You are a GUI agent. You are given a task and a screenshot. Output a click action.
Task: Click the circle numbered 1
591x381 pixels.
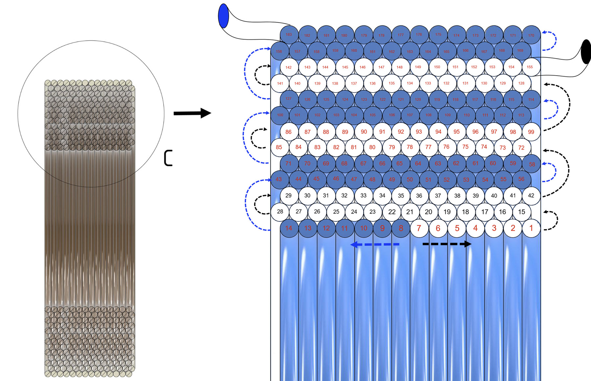[x=531, y=228]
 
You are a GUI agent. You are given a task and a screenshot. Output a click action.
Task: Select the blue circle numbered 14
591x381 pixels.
[x=289, y=228]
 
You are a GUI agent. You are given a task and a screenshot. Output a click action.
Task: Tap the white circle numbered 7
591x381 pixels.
[x=419, y=228]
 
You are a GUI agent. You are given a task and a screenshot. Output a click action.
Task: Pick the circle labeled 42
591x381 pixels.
[x=531, y=195]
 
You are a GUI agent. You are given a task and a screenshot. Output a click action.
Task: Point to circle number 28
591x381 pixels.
[x=280, y=212]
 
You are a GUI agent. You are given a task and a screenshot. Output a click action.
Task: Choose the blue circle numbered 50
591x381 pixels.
[x=410, y=179]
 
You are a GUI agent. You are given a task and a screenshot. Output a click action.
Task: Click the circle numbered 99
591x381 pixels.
[x=531, y=132]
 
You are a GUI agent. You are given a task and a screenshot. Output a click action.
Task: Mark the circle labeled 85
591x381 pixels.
[x=279, y=147]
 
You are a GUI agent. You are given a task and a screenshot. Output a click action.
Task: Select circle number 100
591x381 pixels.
[x=280, y=115]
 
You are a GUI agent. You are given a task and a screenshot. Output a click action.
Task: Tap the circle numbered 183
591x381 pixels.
[x=289, y=34]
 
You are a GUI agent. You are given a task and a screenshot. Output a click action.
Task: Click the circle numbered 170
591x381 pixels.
[x=531, y=35]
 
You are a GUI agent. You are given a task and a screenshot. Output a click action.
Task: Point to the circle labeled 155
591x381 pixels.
[x=530, y=67]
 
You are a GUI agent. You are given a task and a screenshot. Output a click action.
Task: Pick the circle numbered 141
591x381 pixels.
[x=280, y=83]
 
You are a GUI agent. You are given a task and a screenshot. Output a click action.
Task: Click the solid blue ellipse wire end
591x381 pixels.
[x=223, y=16]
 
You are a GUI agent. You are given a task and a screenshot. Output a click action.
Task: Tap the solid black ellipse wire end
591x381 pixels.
[x=586, y=52]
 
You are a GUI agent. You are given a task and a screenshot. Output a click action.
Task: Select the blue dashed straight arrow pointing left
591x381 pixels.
[x=375, y=244]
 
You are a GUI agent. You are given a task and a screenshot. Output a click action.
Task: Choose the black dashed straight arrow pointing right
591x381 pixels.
[x=447, y=244]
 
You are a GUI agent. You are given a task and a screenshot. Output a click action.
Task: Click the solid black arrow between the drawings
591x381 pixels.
[x=192, y=113]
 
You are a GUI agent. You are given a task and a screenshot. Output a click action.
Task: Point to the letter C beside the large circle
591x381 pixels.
[x=168, y=158]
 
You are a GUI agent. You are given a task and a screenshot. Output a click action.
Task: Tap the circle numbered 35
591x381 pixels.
[x=401, y=195]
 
